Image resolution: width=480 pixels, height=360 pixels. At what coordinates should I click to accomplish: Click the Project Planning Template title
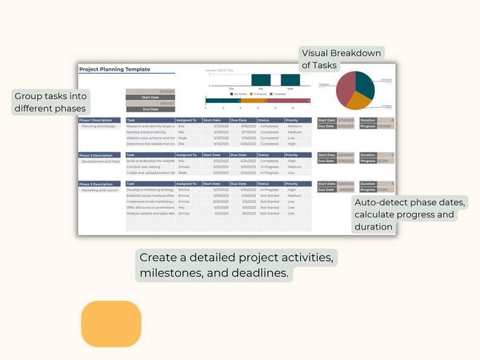115,69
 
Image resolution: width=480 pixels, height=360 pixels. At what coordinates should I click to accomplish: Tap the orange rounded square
111,324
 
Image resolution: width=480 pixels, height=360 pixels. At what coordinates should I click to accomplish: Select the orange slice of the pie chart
355,101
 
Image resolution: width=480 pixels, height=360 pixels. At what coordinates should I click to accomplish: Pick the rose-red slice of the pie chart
345,89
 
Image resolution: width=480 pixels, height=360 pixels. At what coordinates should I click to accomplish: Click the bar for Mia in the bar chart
261,80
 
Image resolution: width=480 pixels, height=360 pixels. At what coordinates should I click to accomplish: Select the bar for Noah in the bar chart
290,80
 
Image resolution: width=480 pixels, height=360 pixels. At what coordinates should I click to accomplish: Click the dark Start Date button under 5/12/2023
150,97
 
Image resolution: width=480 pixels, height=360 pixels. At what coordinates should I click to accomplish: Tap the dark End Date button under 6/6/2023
150,109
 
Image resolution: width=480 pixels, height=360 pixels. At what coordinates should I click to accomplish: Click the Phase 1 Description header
96,120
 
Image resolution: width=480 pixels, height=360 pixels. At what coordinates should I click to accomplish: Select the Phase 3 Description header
96,184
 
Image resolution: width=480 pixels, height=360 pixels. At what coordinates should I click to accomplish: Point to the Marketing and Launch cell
100,190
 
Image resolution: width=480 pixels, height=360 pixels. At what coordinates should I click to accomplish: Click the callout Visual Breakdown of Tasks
341,59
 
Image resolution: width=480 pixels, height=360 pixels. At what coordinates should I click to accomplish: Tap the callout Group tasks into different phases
51,103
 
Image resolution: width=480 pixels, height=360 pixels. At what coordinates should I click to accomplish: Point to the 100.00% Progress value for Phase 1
385,126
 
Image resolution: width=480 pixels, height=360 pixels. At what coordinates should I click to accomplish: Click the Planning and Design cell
99,126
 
